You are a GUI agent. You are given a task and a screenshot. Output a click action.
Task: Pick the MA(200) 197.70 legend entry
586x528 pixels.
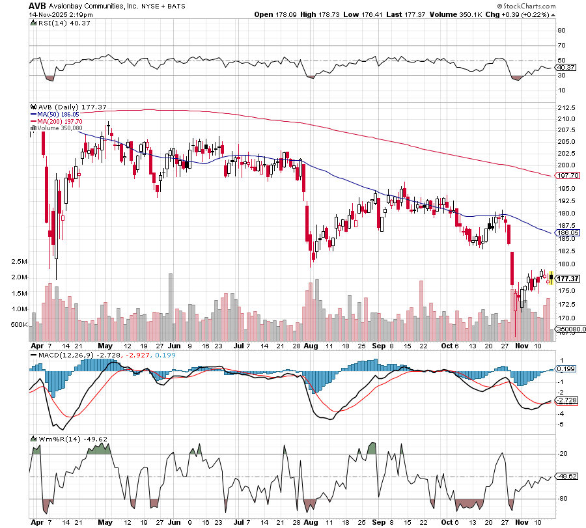(x=61, y=121)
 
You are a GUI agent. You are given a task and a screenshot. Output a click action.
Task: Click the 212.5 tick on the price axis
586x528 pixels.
(x=566, y=107)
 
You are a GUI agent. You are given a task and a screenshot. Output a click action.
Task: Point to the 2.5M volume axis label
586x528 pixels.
(x=20, y=262)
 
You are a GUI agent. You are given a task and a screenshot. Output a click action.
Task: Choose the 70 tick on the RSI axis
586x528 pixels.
(x=561, y=46)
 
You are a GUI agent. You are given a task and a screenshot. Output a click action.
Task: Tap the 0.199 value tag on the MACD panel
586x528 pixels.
(x=565, y=368)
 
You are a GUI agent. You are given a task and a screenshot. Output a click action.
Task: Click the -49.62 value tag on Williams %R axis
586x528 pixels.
(x=566, y=477)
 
